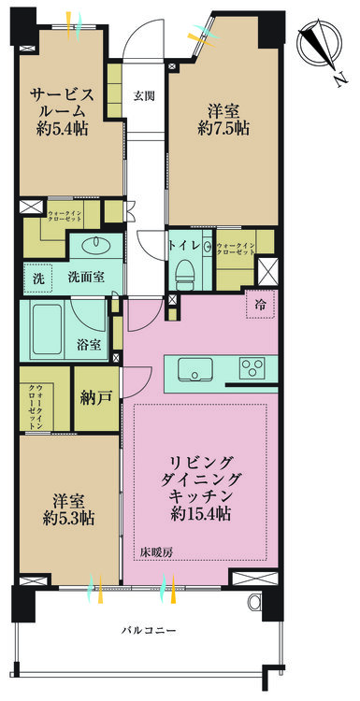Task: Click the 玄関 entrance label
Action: tap(143, 95)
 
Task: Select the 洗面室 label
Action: tap(85, 277)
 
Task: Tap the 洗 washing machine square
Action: tap(36, 278)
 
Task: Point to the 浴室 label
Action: tap(89, 344)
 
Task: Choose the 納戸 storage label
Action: tap(96, 398)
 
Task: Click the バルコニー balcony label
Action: tap(149, 632)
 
